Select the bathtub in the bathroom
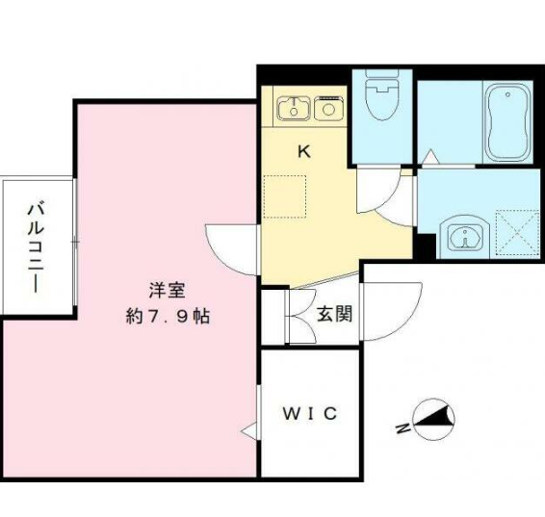pos(507,122)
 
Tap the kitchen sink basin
pos(294,109)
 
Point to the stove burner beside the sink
pos(328,108)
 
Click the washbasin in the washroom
pos(465,237)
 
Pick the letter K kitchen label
pos(304,151)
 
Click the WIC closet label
pos(310,413)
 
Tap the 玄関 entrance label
pos(335,314)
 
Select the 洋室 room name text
pos(168,290)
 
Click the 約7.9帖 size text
pos(168,317)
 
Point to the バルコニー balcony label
pos(36,248)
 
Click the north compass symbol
pos(433,420)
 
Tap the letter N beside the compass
pos(402,428)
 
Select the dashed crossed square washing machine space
pos(518,233)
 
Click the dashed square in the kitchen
pos(285,196)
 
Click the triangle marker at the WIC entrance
pos(248,431)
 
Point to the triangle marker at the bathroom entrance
pos(430,157)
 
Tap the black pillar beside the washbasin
pos(427,246)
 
